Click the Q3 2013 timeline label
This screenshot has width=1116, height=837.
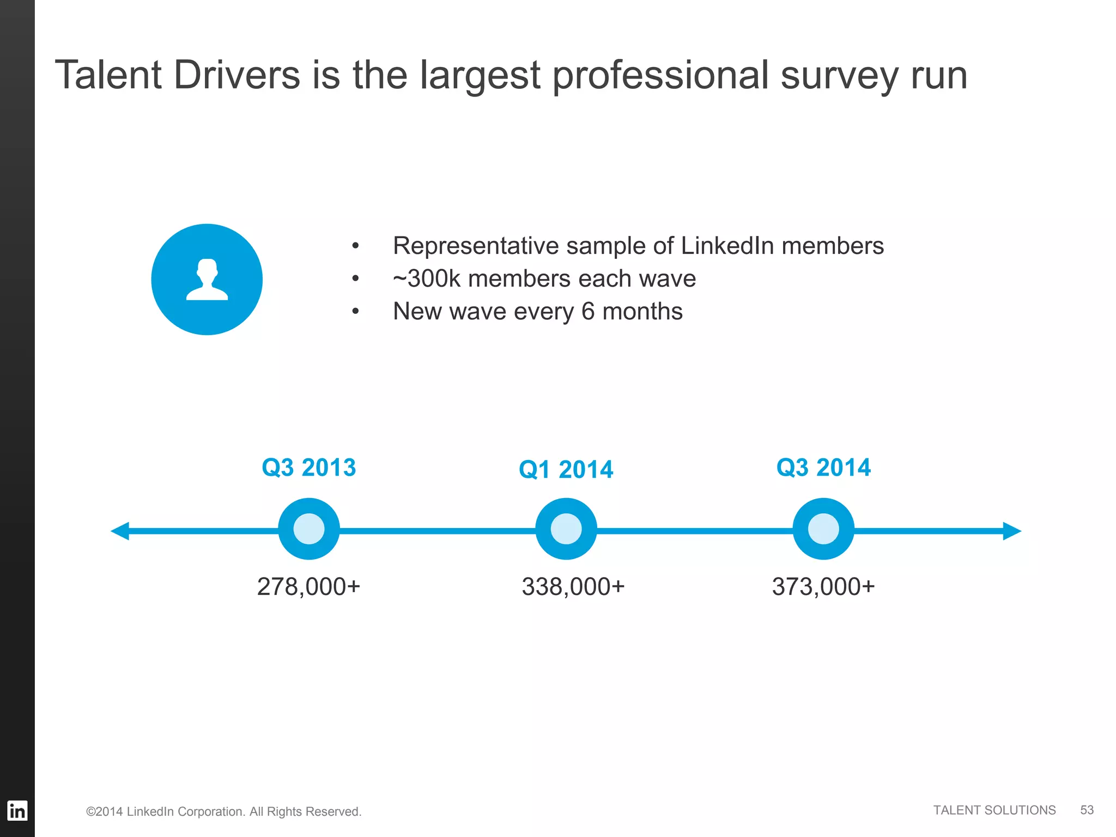(309, 468)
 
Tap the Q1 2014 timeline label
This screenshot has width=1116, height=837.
(566, 470)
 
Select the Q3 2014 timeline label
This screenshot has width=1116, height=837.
(823, 468)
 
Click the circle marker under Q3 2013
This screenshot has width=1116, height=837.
(309, 529)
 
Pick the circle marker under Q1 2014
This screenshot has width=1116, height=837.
(566, 529)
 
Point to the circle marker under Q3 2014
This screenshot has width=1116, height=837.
(823, 529)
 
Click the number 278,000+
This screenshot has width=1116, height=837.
(308, 587)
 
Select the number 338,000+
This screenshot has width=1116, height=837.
(573, 587)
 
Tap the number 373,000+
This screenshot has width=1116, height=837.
(823, 587)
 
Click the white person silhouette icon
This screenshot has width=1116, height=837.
(207, 280)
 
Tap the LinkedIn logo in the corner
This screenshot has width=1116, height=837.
(17, 811)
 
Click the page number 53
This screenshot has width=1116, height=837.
(1087, 810)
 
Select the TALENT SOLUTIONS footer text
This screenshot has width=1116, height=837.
(994, 810)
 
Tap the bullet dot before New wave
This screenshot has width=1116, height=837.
(355, 312)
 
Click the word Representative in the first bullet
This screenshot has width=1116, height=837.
(476, 246)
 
